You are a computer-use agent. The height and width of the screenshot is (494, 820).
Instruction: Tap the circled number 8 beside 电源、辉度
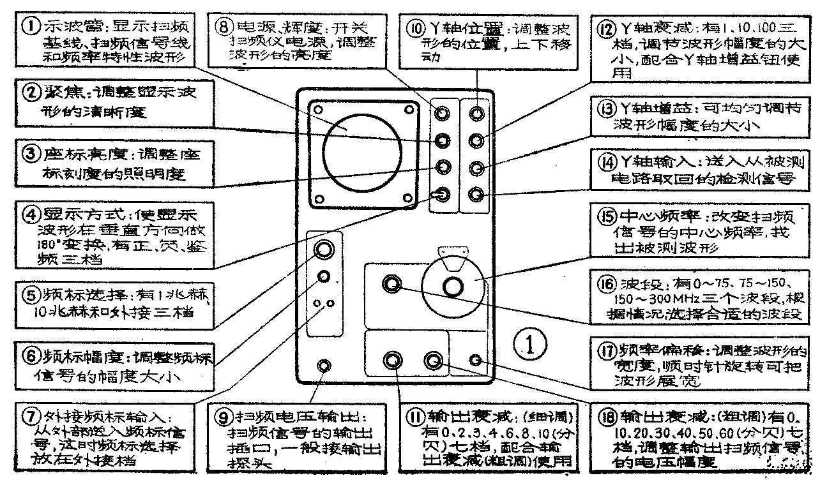tap(225, 26)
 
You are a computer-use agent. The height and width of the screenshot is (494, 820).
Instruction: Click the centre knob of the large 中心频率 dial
tap(453, 287)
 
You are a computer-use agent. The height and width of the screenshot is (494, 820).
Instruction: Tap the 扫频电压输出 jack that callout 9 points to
tap(324, 366)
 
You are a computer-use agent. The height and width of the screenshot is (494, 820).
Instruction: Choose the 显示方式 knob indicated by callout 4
tap(439, 194)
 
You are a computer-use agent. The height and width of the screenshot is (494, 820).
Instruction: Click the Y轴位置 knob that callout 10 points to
tap(476, 114)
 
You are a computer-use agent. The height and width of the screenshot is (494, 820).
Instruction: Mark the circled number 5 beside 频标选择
tap(30, 295)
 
